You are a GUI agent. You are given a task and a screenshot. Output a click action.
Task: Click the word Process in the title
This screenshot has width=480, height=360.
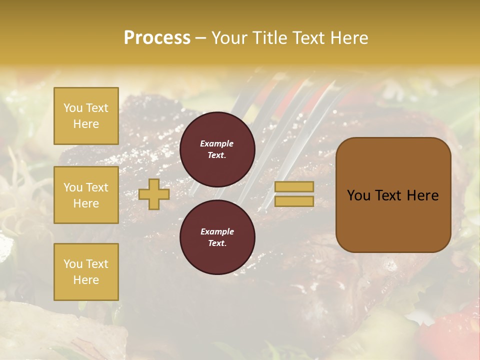point(157,38)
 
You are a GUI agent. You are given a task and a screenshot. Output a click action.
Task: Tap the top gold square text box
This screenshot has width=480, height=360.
point(86,116)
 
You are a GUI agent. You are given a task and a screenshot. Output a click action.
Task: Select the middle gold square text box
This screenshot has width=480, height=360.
point(86,195)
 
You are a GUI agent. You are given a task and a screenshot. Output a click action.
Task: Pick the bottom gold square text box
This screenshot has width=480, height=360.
point(86,272)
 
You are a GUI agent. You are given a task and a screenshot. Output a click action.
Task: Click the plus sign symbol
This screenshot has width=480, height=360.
point(154,194)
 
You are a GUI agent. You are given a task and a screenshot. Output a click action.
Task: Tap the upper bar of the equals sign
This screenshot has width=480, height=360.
point(294,186)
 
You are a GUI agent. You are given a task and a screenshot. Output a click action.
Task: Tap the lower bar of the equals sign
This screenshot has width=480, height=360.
point(294,201)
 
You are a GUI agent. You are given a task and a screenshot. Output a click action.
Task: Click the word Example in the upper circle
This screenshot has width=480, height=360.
point(216,143)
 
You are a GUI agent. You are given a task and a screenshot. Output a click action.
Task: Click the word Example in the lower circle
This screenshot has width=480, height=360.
point(217,231)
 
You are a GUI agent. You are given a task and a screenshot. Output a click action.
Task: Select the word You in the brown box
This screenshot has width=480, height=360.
point(358,195)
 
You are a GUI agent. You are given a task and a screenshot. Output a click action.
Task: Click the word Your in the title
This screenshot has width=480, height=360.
point(229,38)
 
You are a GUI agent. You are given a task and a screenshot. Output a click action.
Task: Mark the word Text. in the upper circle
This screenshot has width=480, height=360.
point(217,155)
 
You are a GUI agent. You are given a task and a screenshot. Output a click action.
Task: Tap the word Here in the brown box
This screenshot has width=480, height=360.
point(422,195)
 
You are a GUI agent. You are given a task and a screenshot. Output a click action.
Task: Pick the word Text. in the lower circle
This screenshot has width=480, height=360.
point(217,243)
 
